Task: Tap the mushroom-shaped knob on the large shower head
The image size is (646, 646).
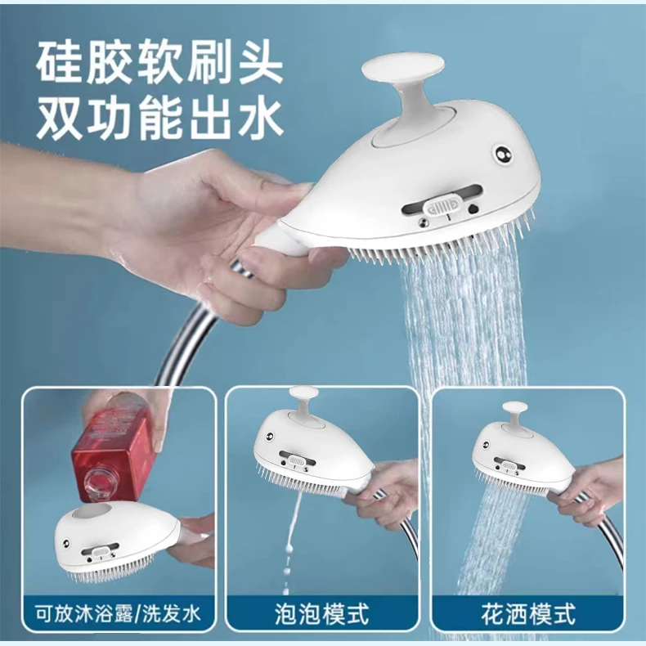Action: [x=403, y=82]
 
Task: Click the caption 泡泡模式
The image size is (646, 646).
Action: [x=322, y=614]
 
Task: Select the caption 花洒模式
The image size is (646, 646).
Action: [x=528, y=614]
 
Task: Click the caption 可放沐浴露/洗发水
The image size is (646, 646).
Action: [x=118, y=614]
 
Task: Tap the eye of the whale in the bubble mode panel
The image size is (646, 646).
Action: [x=270, y=437]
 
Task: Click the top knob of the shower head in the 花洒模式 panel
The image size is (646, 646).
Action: [x=515, y=414]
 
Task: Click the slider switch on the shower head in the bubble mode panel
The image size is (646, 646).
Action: [x=297, y=460]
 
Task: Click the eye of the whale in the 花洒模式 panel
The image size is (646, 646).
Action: [x=487, y=445]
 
